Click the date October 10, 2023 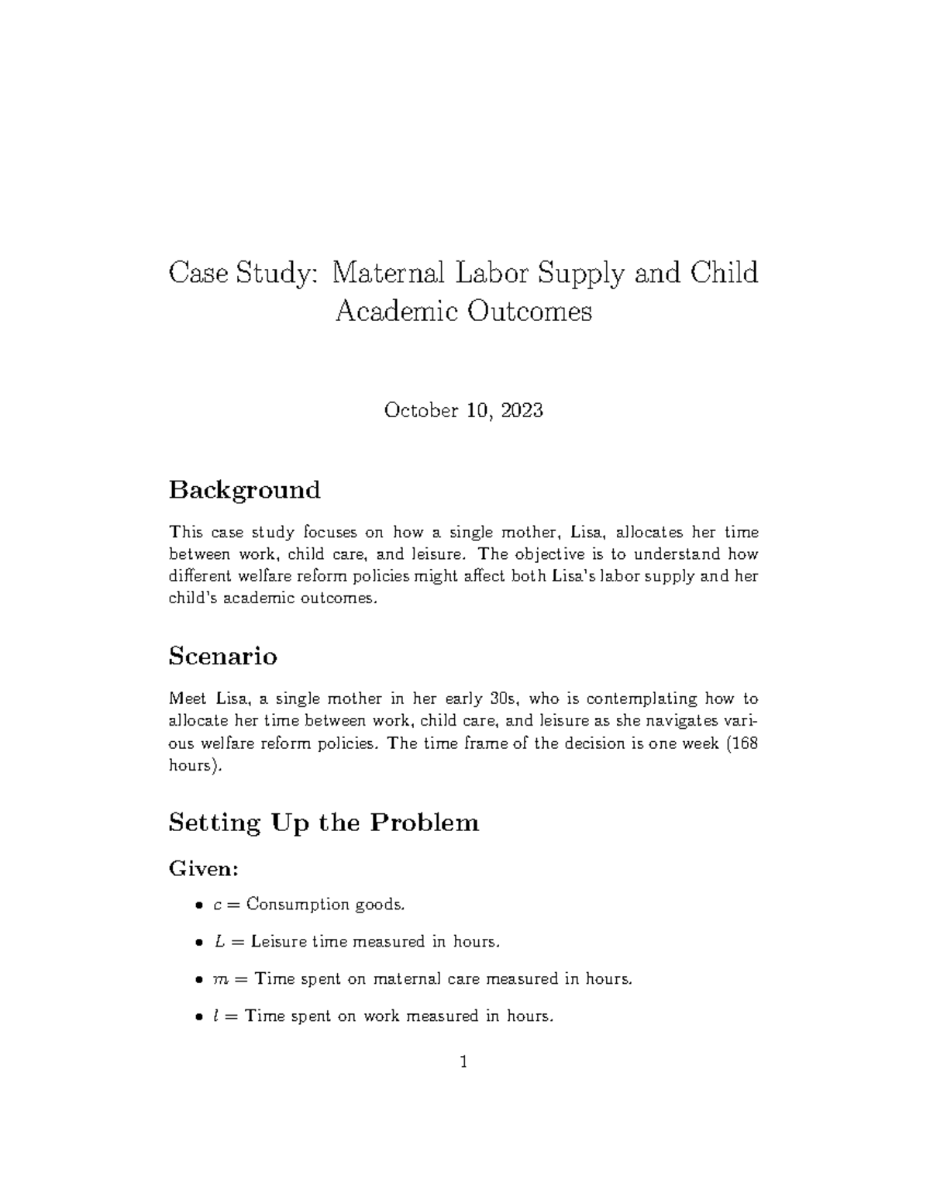[x=463, y=410]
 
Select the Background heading [x=244, y=490]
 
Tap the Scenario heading [x=222, y=656]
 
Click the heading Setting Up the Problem [x=323, y=822]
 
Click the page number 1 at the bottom [x=463, y=1062]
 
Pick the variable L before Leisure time [x=219, y=942]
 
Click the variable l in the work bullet [x=216, y=1016]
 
